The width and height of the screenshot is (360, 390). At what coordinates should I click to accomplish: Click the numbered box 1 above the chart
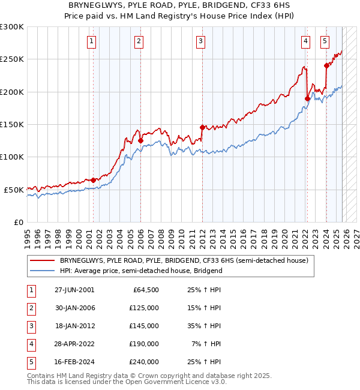(x=91, y=41)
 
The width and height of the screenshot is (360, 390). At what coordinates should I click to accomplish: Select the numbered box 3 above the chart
(x=200, y=41)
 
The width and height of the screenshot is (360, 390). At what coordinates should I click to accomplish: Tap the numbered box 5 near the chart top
(x=325, y=41)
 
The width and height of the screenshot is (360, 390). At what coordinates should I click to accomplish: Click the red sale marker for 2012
(x=202, y=127)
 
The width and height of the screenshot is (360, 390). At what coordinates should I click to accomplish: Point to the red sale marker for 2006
(x=140, y=140)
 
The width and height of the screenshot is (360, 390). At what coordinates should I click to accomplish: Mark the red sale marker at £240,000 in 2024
(x=326, y=65)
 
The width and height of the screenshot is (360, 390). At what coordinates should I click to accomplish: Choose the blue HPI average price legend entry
(x=141, y=271)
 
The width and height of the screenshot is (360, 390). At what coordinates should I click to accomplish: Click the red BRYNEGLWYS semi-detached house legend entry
(x=184, y=261)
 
